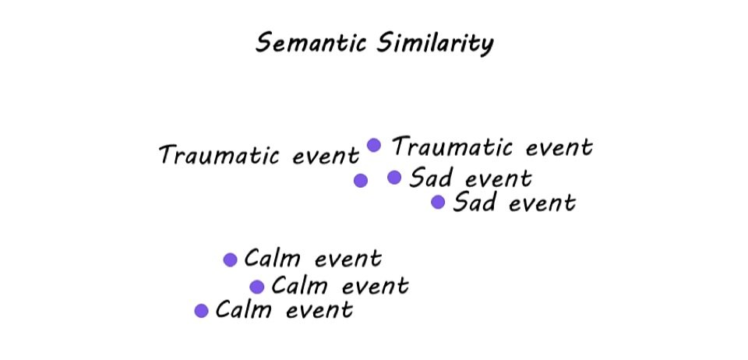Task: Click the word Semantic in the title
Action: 305,43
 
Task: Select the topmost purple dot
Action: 374,145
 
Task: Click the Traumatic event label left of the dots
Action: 259,155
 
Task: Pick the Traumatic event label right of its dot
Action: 492,146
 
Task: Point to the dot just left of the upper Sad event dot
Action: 360,181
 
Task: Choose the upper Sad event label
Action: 471,178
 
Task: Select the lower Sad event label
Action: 514,203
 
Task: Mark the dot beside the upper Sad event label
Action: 394,178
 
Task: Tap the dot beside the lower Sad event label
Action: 438,203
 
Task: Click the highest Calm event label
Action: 312,259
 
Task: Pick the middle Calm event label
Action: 340,286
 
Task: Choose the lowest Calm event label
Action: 284,310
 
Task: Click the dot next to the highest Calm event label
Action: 230,260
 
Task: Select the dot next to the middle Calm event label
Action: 257,287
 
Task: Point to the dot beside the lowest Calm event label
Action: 201,311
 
